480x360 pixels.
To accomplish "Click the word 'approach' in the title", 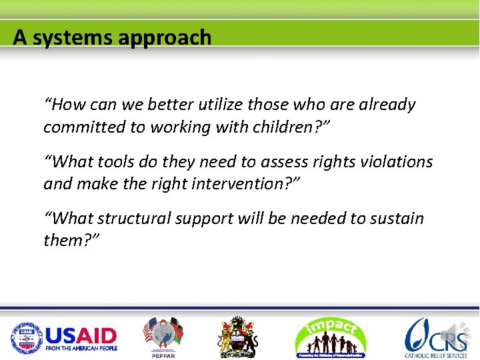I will (x=164, y=37).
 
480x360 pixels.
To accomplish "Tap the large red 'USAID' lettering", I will (x=81, y=335).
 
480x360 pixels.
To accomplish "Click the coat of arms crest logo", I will (x=238, y=336).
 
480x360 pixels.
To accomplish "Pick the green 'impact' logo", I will (x=330, y=336).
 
